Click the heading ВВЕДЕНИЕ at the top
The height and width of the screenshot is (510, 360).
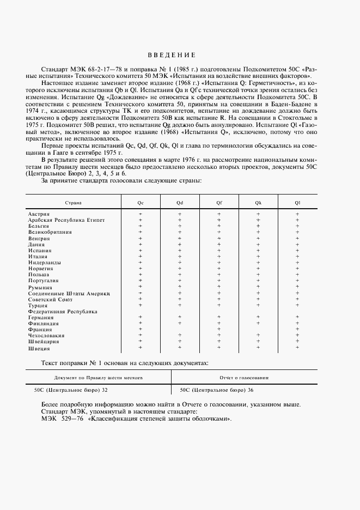pyautogui.click(x=171, y=55)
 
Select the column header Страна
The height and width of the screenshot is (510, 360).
pyautogui.click(x=74, y=203)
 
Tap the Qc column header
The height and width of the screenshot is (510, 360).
pyautogui.click(x=141, y=203)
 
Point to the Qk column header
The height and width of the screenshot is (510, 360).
pyautogui.click(x=258, y=203)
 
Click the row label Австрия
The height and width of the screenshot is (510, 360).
pyautogui.click(x=39, y=214)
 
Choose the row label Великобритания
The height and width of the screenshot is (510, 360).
pyautogui.click(x=50, y=232)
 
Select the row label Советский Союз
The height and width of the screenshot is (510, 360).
pyautogui.click(x=50, y=299)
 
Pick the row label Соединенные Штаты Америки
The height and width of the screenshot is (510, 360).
pyautogui.click(x=69, y=294)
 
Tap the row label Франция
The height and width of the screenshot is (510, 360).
pyautogui.click(x=40, y=330)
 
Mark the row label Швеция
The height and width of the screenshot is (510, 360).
pyautogui.click(x=39, y=348)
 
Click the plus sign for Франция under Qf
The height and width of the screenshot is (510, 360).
pyautogui.click(x=219, y=329)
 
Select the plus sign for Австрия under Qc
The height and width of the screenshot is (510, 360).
pyautogui.click(x=141, y=214)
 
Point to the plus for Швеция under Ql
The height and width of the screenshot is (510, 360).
pyautogui.click(x=297, y=347)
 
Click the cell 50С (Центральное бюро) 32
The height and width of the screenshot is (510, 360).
pyautogui.click(x=71, y=390)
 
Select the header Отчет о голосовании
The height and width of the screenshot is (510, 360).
pyautogui.click(x=243, y=377)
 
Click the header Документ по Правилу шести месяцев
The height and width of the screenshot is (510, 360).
pyautogui.click(x=99, y=377)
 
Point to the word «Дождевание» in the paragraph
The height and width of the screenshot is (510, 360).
pyautogui.click(x=100, y=95)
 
